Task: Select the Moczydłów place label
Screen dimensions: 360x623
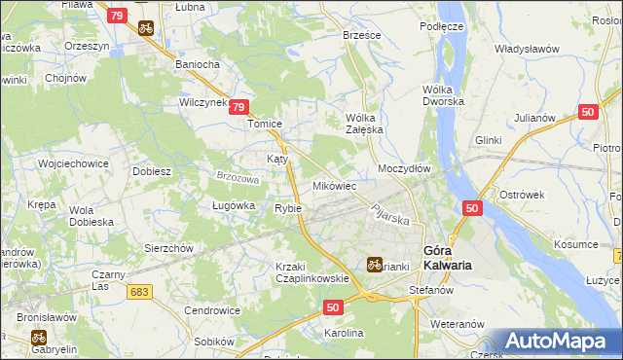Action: pos(404,167)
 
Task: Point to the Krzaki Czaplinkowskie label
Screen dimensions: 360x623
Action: pos(311,272)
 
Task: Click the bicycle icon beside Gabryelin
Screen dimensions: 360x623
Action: pos(39,337)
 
